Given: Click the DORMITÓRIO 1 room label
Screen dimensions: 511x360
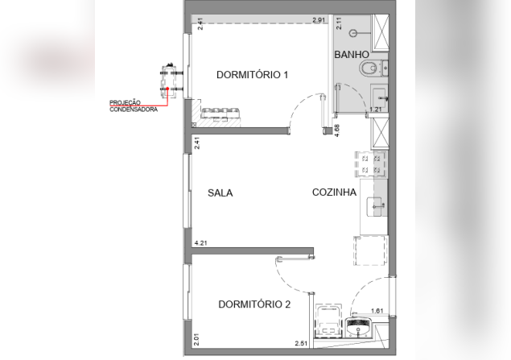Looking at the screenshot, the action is (252, 75).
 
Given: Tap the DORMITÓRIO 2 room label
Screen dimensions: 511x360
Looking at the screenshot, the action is (254, 304).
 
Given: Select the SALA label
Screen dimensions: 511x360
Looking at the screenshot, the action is (220, 193).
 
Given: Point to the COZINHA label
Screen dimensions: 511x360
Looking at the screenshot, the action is (335, 192).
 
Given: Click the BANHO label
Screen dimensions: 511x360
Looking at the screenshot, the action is (352, 55).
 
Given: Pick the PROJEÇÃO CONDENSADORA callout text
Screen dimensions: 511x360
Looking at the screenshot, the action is (134, 106).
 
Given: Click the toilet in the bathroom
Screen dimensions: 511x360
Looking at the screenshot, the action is (369, 68).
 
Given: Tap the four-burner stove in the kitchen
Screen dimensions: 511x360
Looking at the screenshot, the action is (371, 164).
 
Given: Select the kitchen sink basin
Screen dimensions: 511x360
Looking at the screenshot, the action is (374, 206).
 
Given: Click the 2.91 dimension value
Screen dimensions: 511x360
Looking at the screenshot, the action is (319, 20).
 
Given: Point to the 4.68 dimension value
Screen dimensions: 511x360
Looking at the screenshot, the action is (337, 130).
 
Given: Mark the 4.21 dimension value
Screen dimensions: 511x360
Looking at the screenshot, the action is (200, 243).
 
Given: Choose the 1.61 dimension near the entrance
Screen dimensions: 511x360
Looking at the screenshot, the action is (377, 311).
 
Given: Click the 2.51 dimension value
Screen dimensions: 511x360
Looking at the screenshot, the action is (301, 343).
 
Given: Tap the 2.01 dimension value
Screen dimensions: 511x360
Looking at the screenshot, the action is (196, 339).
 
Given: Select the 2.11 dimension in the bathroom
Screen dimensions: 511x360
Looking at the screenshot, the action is (339, 23).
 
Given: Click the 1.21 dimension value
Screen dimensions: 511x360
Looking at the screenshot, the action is (376, 110).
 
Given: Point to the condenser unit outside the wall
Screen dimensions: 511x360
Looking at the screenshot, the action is (170, 81).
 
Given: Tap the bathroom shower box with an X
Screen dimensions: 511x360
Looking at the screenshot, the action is (381, 32).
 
